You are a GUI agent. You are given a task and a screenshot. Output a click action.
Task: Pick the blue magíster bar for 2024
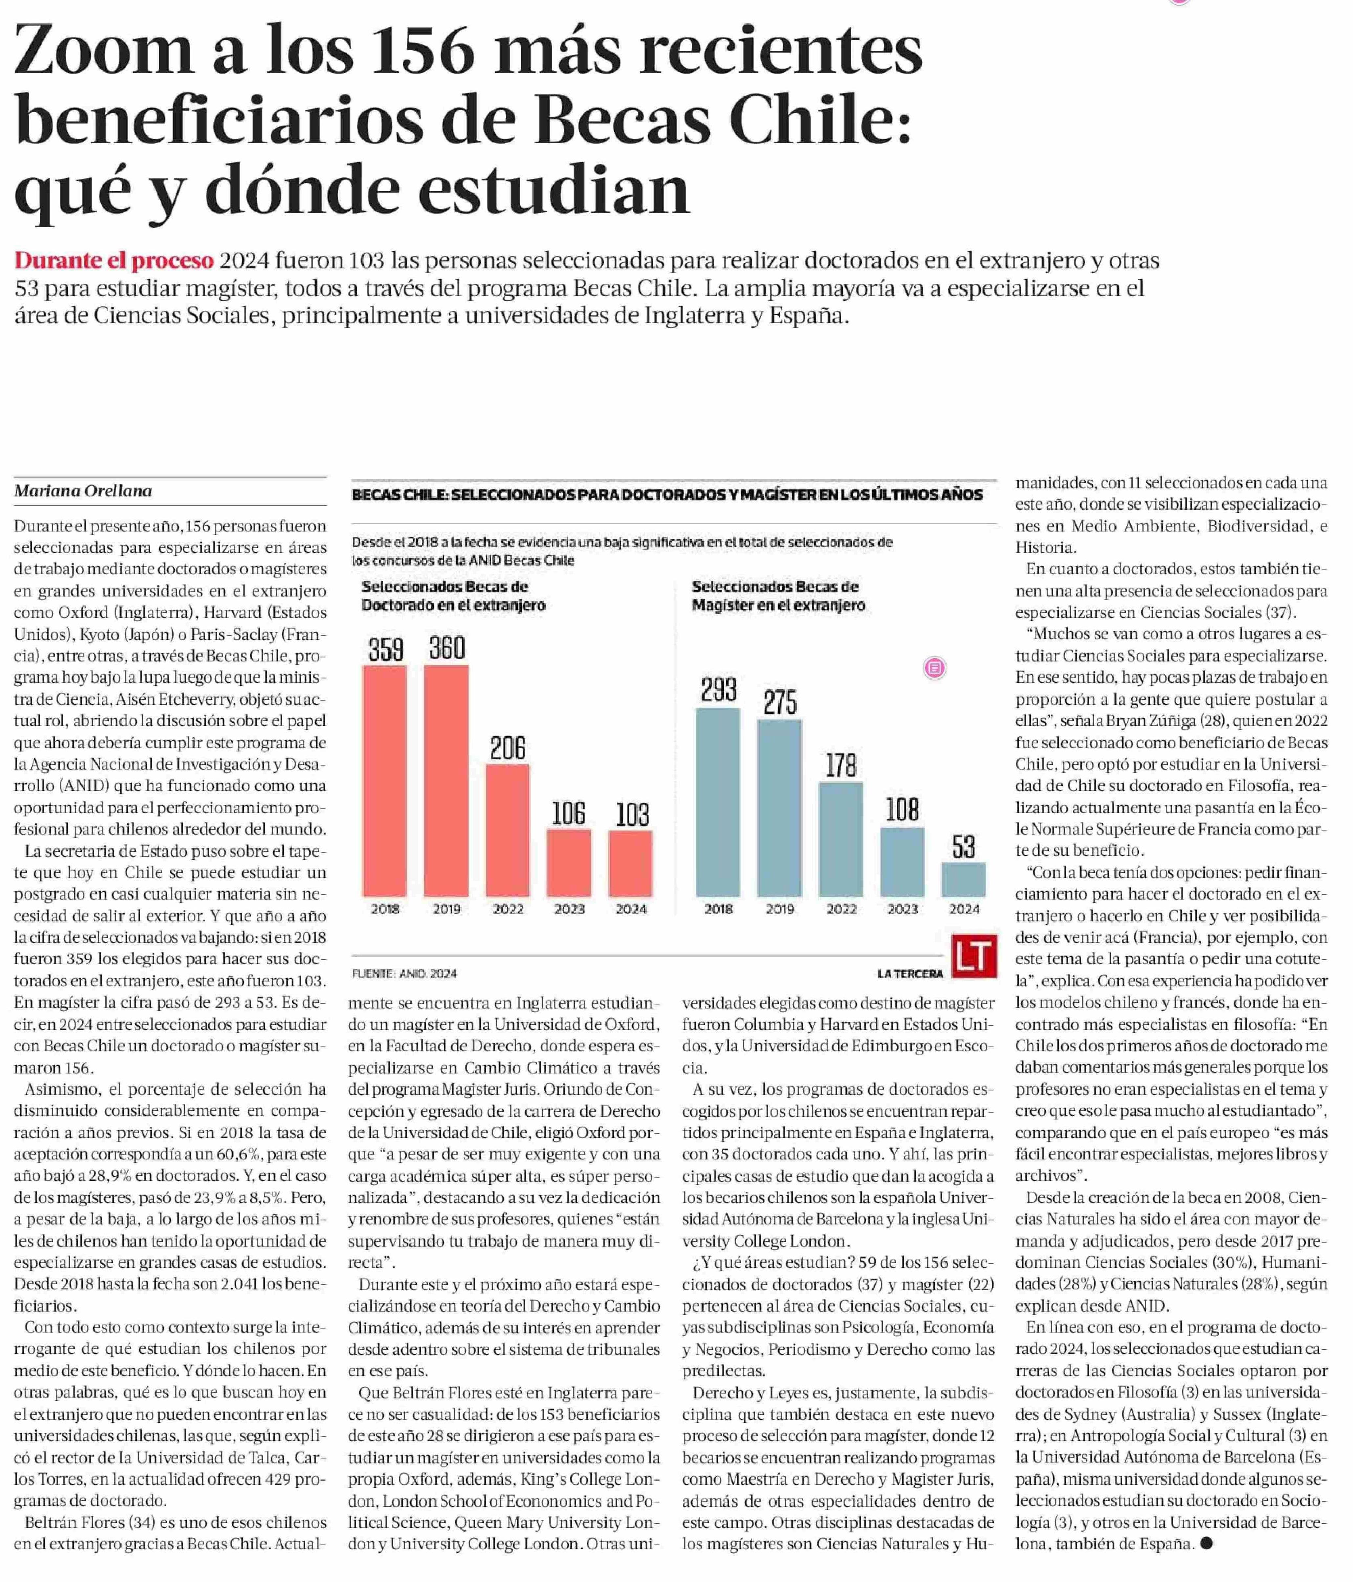click(x=963, y=879)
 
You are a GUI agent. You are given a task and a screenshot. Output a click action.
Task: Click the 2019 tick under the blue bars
click(x=779, y=909)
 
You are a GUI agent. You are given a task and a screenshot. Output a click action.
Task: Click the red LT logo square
click(x=974, y=956)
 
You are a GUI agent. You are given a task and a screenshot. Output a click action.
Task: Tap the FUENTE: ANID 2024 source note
click(x=404, y=973)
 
